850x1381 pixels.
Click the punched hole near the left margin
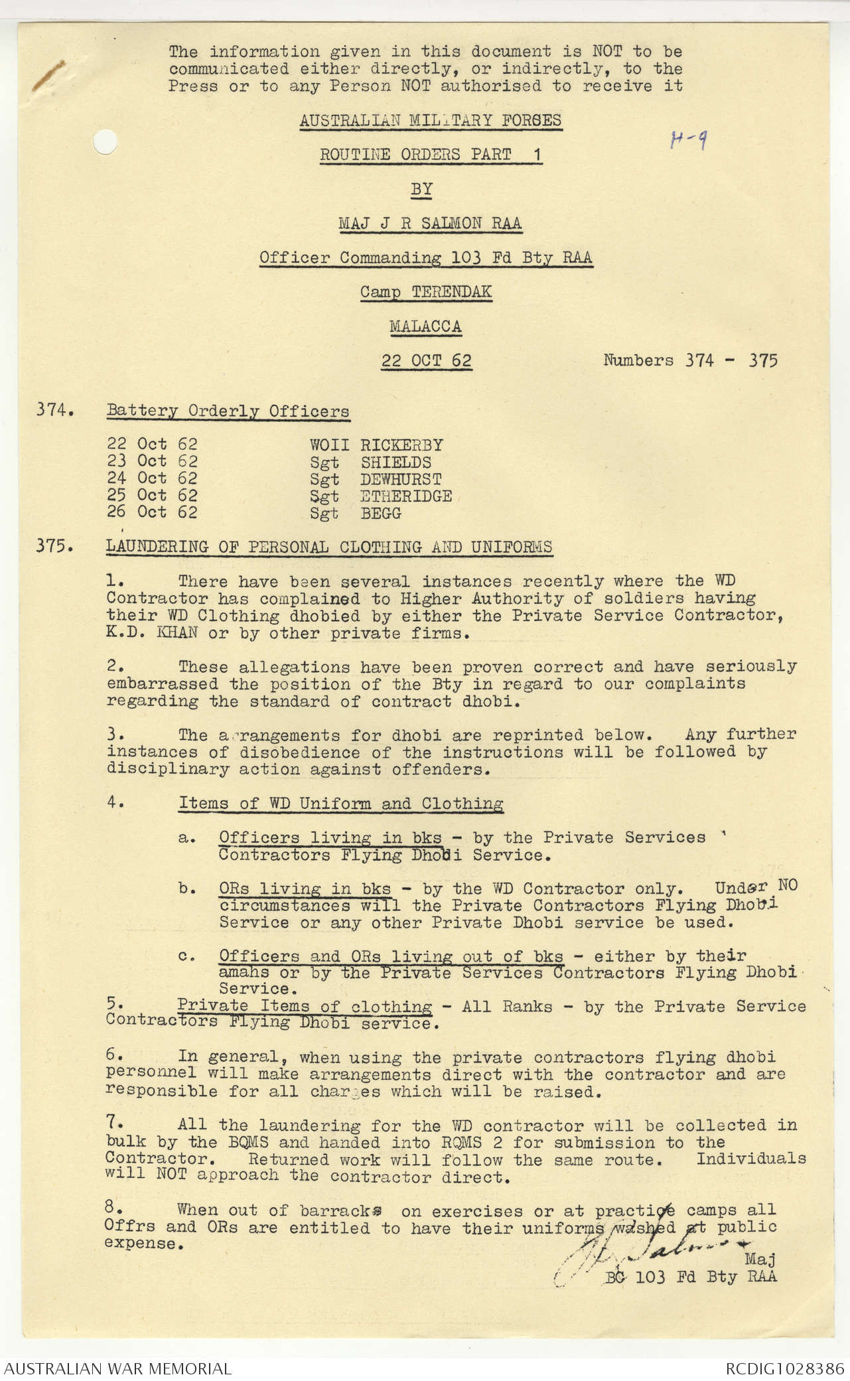pyautogui.click(x=103, y=141)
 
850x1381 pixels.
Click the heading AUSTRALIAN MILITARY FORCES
pyautogui.click(x=430, y=120)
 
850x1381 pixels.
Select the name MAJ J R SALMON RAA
pyautogui.click(x=430, y=223)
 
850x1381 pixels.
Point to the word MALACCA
pyautogui.click(x=425, y=326)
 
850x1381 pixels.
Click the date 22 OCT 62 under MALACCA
pyautogui.click(x=426, y=360)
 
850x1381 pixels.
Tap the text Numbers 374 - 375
pyautogui.click(x=690, y=360)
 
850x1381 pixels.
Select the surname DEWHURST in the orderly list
pyautogui.click(x=401, y=479)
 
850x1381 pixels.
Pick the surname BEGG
pyautogui.click(x=381, y=513)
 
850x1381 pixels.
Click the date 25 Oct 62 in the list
pyautogui.click(x=152, y=496)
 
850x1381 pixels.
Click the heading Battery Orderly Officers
pyautogui.click(x=228, y=411)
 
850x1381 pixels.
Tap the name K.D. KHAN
pyautogui.click(x=152, y=633)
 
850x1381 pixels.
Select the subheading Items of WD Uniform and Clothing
pyautogui.click(x=340, y=804)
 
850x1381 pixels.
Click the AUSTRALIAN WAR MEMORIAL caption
pyautogui.click(x=119, y=1368)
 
